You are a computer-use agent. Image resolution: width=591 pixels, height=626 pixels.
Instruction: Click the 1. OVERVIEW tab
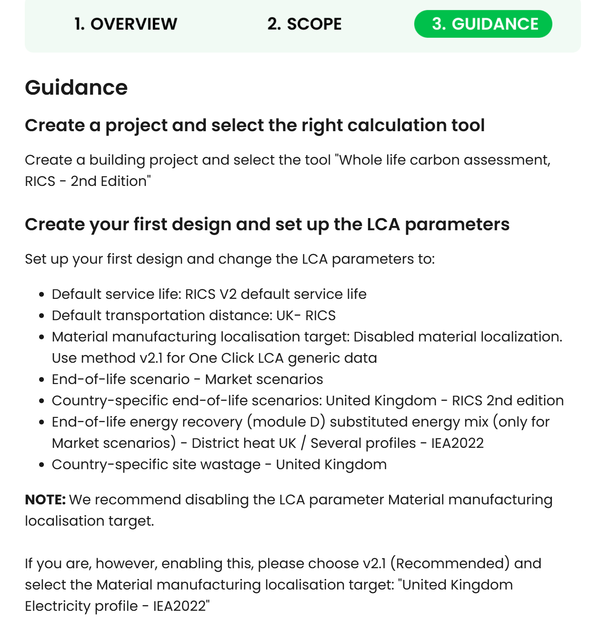click(126, 24)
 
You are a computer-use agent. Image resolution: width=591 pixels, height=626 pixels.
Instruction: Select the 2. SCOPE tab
click(304, 24)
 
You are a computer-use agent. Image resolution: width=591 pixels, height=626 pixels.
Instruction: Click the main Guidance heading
click(76, 87)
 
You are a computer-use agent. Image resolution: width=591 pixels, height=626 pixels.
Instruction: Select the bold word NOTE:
click(45, 500)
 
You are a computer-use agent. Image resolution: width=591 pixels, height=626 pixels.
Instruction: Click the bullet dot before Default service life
click(42, 295)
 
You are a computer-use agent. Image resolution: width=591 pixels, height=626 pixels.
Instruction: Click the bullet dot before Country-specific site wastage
click(42, 465)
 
